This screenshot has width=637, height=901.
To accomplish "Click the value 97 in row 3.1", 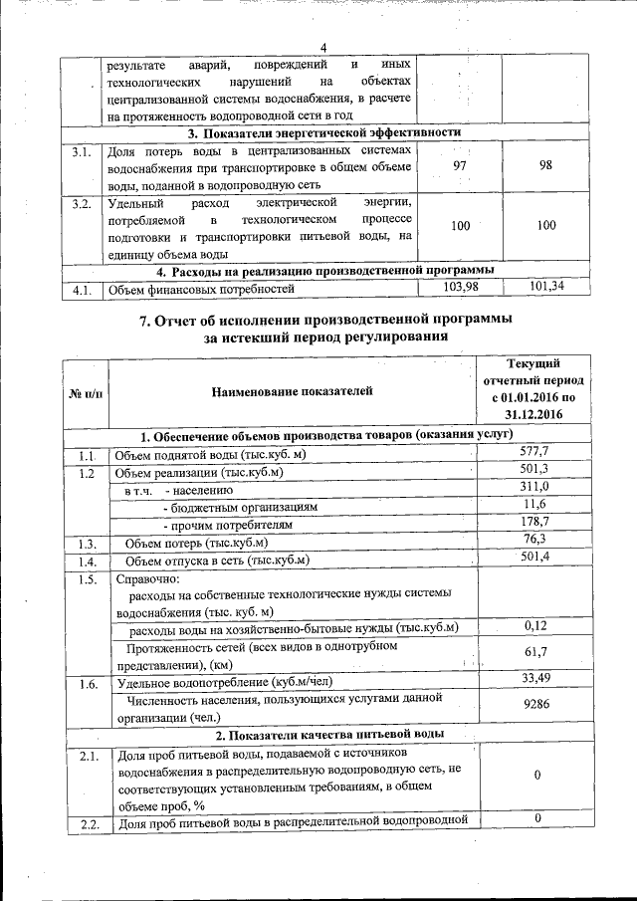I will (x=459, y=165).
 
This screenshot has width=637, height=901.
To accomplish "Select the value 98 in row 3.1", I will (x=545, y=165).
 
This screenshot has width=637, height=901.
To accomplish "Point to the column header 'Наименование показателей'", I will (x=291, y=395).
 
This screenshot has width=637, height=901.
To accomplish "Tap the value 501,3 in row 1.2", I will (x=535, y=470).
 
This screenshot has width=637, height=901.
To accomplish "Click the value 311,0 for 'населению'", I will (x=535, y=488).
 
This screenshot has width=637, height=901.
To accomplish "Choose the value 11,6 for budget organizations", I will (x=535, y=506).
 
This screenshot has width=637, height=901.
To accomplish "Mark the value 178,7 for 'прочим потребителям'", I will (x=535, y=523).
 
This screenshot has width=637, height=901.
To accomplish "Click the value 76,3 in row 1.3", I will (x=535, y=541).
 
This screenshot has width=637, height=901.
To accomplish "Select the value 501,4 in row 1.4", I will (x=535, y=559).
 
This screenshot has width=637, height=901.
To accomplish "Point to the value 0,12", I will (x=535, y=627).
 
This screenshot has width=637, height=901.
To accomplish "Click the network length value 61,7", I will (x=535, y=653).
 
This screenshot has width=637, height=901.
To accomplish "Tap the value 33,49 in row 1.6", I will (x=535, y=680).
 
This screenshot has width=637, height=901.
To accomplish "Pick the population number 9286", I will (x=535, y=707).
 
